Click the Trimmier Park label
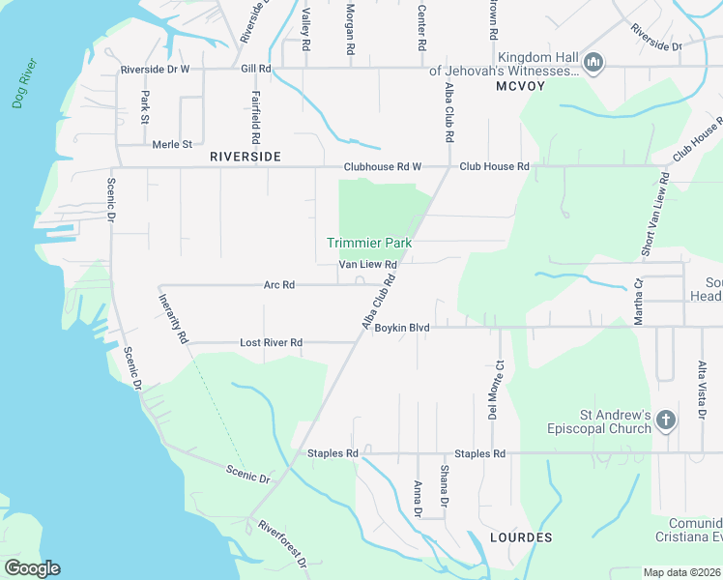368,243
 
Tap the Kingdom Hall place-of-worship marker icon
594,64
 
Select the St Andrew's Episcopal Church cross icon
665,420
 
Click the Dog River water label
25,83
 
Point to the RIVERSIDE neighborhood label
246,156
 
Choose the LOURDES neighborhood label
521,536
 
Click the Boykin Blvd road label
402,328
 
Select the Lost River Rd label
272,343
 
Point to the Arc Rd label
279,285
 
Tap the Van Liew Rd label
368,264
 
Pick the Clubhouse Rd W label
384,166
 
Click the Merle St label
173,145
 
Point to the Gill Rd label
256,70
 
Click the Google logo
32,568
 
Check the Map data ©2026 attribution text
682,572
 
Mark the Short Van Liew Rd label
653,215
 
